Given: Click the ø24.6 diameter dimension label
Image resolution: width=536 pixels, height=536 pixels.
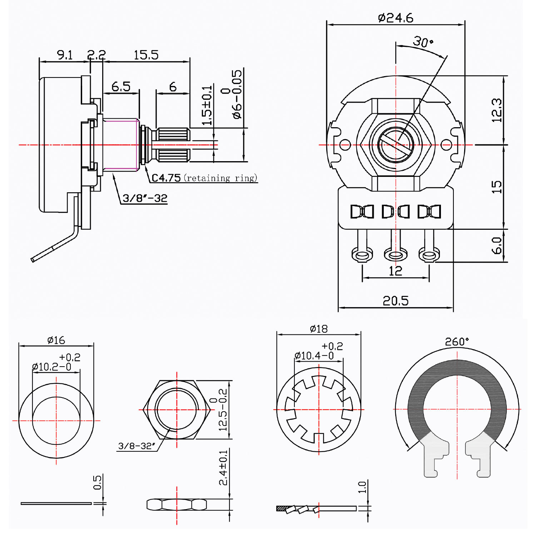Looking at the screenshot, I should pos(396,18).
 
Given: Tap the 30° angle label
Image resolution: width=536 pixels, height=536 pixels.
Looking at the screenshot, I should pos(423,42).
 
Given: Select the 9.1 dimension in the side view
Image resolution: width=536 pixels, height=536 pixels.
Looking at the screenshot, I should pos(65,55).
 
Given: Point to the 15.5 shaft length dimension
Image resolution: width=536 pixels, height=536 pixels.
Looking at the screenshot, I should pos(146,55).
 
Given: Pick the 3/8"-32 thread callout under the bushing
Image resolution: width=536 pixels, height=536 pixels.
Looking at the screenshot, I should pos(145,198).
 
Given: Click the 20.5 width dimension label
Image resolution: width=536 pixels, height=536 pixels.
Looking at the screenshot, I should pos(396,301).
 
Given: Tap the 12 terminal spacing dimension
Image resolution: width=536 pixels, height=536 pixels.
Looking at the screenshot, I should pos(396,271).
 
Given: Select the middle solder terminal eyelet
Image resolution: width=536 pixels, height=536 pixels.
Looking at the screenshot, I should pos(396,255).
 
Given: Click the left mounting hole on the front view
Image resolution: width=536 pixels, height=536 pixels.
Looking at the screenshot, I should pos(345,145).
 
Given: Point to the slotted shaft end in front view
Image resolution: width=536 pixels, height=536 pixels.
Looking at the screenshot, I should pos(396,145).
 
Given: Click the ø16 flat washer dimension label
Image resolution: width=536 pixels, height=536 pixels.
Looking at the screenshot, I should pos(56,340).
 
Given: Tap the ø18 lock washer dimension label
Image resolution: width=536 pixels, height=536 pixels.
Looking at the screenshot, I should pos(319,329).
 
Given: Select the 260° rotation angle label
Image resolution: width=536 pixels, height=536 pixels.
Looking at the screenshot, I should pos(457,342).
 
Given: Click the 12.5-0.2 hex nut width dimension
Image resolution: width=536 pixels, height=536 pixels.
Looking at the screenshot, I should pos(219,410).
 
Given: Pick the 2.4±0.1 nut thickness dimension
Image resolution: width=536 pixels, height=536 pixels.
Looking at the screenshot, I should pos(223,467).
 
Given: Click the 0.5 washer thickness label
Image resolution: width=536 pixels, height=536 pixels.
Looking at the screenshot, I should pos(97,482).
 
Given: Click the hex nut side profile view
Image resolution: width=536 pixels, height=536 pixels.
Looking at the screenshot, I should pos(177,505).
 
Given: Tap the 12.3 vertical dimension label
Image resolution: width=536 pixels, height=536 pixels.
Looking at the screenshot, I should pos(497,110).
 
